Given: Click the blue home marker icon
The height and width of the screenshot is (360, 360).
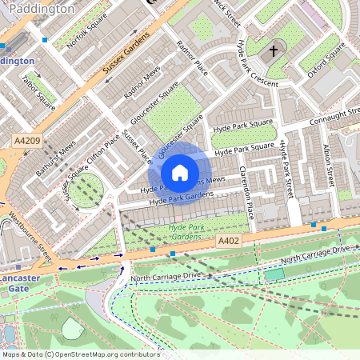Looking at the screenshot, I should tap(180, 172).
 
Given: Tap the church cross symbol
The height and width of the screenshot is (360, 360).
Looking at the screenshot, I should tap(274, 51).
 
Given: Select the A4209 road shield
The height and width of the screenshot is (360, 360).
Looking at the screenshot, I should tap(26, 141).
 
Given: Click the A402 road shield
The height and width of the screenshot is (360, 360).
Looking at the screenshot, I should tap(228, 240).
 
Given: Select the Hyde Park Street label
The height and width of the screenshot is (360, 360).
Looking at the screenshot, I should tap(285, 169).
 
